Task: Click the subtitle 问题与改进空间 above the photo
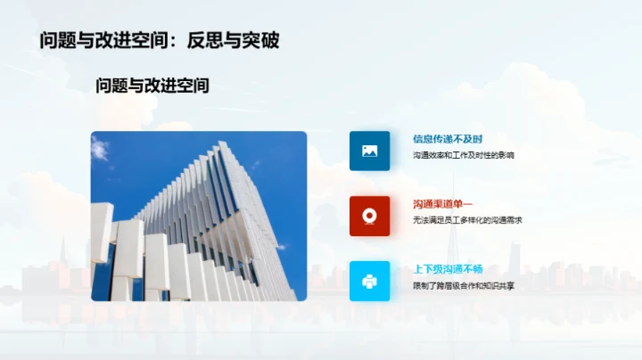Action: (152, 86)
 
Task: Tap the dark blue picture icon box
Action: (369, 151)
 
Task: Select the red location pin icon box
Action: (369, 216)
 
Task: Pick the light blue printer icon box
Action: (369, 281)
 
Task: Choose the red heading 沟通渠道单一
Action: (442, 204)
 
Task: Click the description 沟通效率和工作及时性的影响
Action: (463, 155)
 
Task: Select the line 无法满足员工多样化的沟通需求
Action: (466, 220)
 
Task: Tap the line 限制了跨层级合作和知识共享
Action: (463, 286)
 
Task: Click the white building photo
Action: (199, 216)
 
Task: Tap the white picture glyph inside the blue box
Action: (369, 151)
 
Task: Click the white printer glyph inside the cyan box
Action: (369, 282)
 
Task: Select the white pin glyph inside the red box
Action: (369, 216)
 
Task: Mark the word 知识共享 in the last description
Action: (498, 286)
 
